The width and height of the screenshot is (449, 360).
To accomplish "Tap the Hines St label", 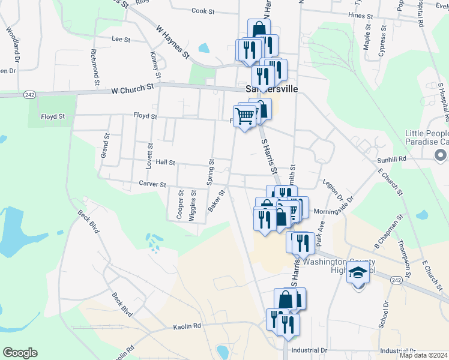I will tap(357, 14).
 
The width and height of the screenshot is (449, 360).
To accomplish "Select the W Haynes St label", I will tap(172, 41).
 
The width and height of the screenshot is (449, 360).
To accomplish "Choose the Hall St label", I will tap(165, 162).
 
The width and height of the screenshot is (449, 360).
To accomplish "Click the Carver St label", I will tap(152, 184).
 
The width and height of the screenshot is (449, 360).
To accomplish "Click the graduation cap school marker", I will tap(358, 272).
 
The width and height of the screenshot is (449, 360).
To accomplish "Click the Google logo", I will tap(20, 353).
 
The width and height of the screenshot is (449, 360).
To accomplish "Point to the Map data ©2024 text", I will tap(423, 355).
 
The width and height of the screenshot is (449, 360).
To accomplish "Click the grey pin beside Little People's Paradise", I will tap(441, 155).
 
